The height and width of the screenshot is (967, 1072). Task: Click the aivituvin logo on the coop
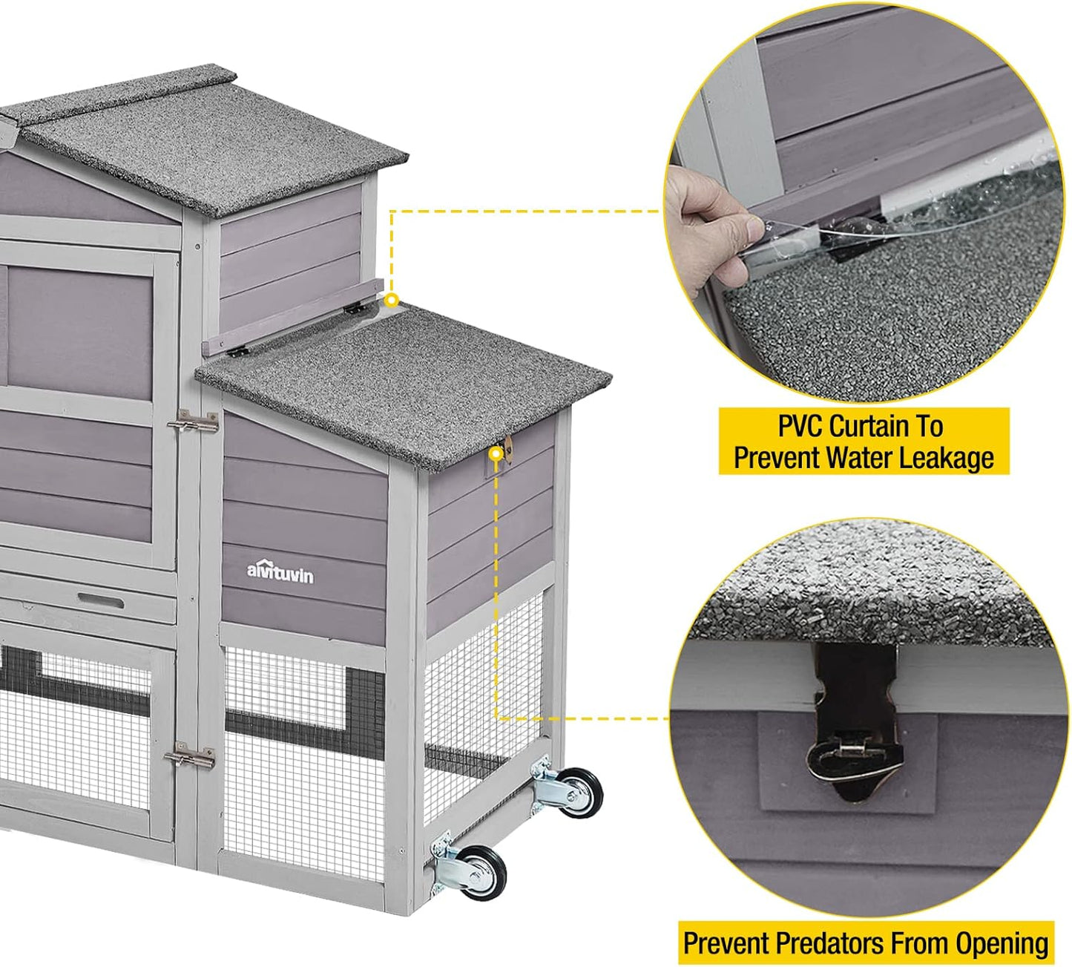pyautogui.click(x=280, y=572)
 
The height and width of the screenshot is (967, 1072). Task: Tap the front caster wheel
pyautogui.click(x=481, y=872)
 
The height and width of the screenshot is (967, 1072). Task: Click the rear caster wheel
pyautogui.click(x=579, y=793)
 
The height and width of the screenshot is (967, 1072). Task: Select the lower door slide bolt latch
pyautogui.click(x=190, y=758)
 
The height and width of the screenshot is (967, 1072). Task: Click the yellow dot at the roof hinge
pyautogui.click(x=392, y=301)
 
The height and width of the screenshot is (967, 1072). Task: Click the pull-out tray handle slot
pyautogui.click(x=101, y=600)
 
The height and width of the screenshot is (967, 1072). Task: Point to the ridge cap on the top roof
pyautogui.click(x=126, y=93)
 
